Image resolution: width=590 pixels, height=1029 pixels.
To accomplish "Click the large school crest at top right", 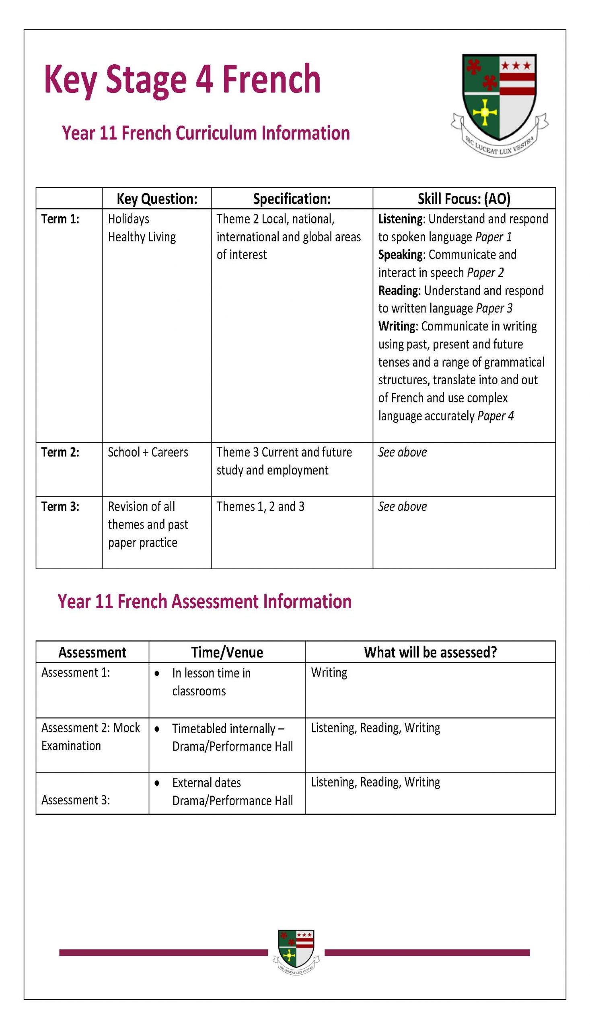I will coord(499,103).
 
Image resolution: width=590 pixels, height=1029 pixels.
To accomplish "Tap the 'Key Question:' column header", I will coord(157,199).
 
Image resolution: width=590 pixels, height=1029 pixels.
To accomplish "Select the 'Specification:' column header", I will coord(292,199).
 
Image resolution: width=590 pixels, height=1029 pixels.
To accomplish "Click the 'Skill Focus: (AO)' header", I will coord(464,199).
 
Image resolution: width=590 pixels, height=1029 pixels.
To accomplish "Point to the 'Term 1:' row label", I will coord(60,219).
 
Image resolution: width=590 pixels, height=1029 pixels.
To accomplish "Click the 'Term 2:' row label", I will coord(60,452).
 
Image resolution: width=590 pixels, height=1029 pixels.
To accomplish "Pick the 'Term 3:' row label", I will coord(60,506).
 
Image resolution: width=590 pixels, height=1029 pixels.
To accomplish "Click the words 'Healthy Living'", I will coord(142,237).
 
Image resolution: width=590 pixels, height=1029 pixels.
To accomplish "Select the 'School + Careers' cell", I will coord(148,452).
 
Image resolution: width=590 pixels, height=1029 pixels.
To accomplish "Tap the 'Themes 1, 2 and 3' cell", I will coord(260,506).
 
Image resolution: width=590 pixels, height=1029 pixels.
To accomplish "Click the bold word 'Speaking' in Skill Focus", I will coord(400,255).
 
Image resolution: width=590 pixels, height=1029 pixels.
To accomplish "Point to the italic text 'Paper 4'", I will coord(495,416).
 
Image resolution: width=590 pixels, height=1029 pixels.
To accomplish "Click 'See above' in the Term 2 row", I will coord(403,452).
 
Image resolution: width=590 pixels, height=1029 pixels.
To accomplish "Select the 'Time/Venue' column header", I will coord(227,652).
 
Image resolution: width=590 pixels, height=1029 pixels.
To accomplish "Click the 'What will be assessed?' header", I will coord(430,652).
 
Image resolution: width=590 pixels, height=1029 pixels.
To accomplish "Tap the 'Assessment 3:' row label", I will coord(75,800).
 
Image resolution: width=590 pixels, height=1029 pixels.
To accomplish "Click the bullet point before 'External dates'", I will coord(157,783).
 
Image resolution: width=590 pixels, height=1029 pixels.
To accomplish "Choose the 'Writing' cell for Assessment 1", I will coord(329,672).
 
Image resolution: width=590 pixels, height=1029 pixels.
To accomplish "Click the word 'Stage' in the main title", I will coord(146,80).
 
